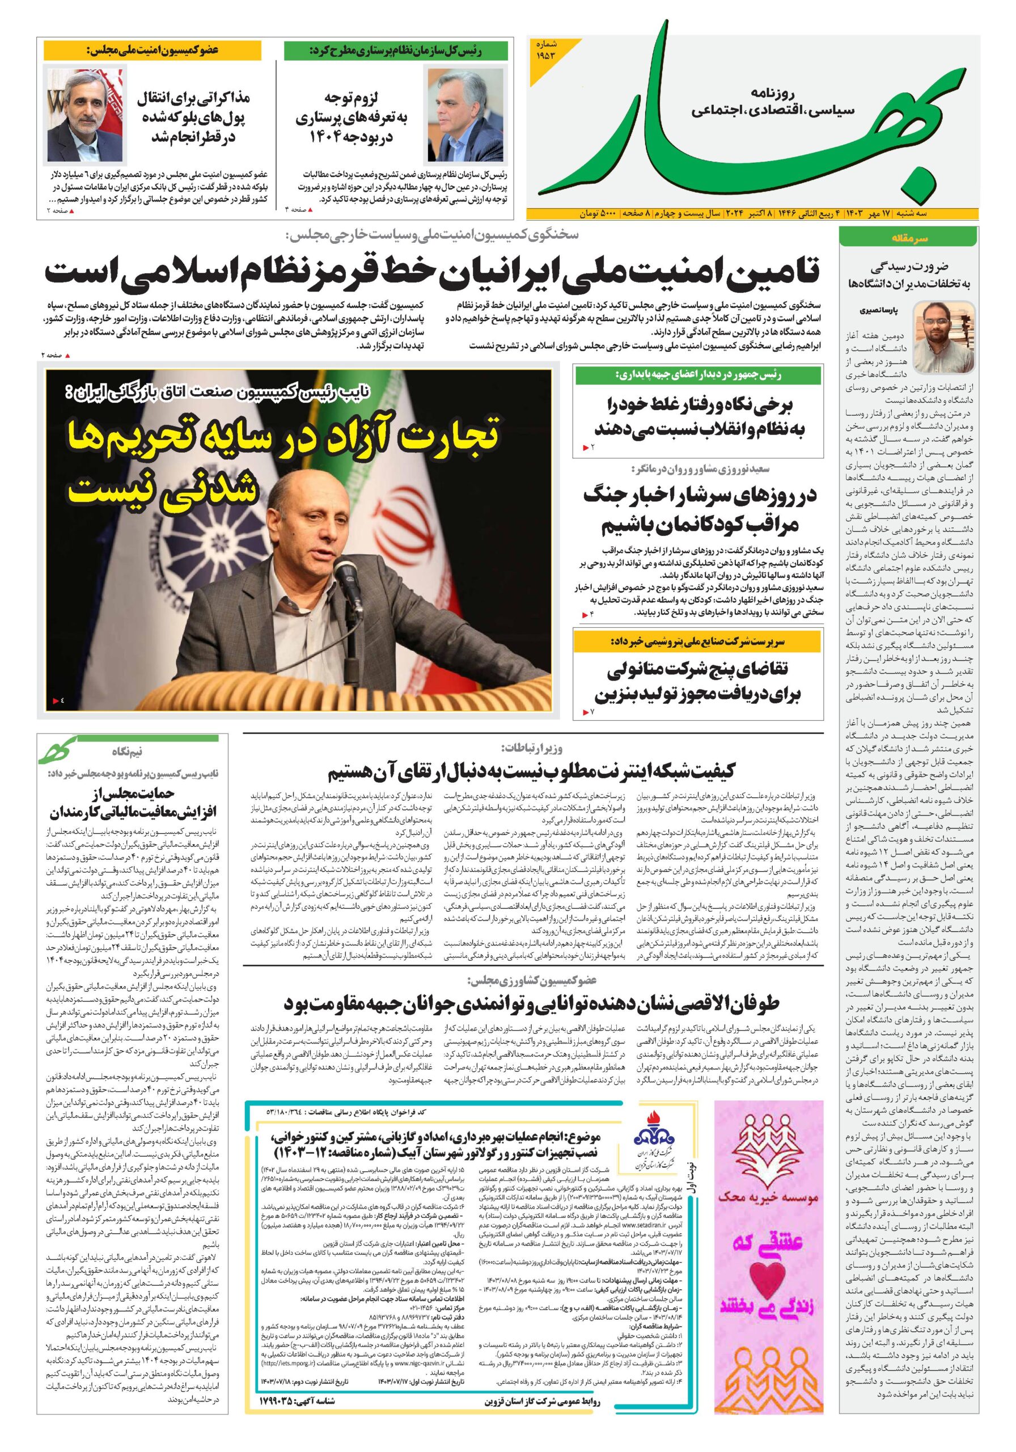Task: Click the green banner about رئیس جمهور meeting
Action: coord(699,374)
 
